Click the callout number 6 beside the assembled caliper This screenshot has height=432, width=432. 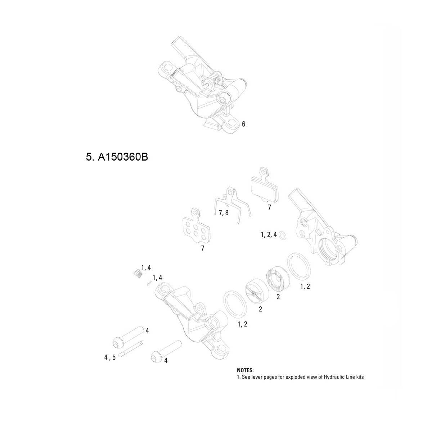tap(244, 124)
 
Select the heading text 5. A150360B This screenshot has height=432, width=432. tap(117, 157)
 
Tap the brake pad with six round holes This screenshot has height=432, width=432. tap(194, 228)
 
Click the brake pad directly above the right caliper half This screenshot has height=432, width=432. tap(265, 187)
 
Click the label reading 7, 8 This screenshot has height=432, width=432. tap(224, 213)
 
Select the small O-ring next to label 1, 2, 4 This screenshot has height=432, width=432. tap(283, 235)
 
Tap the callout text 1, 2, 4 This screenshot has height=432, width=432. tap(269, 235)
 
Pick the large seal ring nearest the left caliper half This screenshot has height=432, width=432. tap(235, 303)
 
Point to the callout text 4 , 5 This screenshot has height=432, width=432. tap(110, 357)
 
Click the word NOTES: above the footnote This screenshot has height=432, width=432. tap(245, 370)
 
